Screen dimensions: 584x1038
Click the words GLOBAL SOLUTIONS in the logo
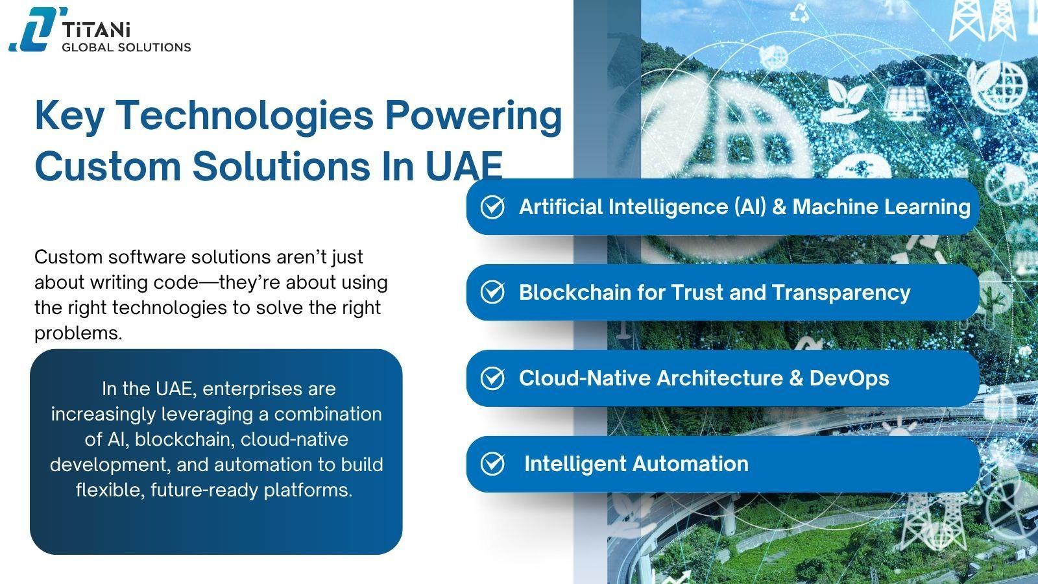pyautogui.click(x=126, y=47)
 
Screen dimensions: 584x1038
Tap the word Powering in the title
pyautogui.click(x=473, y=116)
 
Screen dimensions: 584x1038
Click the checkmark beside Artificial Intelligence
pyautogui.click(x=492, y=207)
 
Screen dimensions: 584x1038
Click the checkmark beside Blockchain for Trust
pyautogui.click(x=492, y=293)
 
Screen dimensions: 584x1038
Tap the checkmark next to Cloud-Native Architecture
pyautogui.click(x=492, y=378)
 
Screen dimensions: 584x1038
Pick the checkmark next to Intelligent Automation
pyautogui.click(x=492, y=464)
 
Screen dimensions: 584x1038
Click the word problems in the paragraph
pyautogui.click(x=78, y=334)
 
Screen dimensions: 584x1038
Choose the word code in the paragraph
pyautogui.click(x=181, y=283)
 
